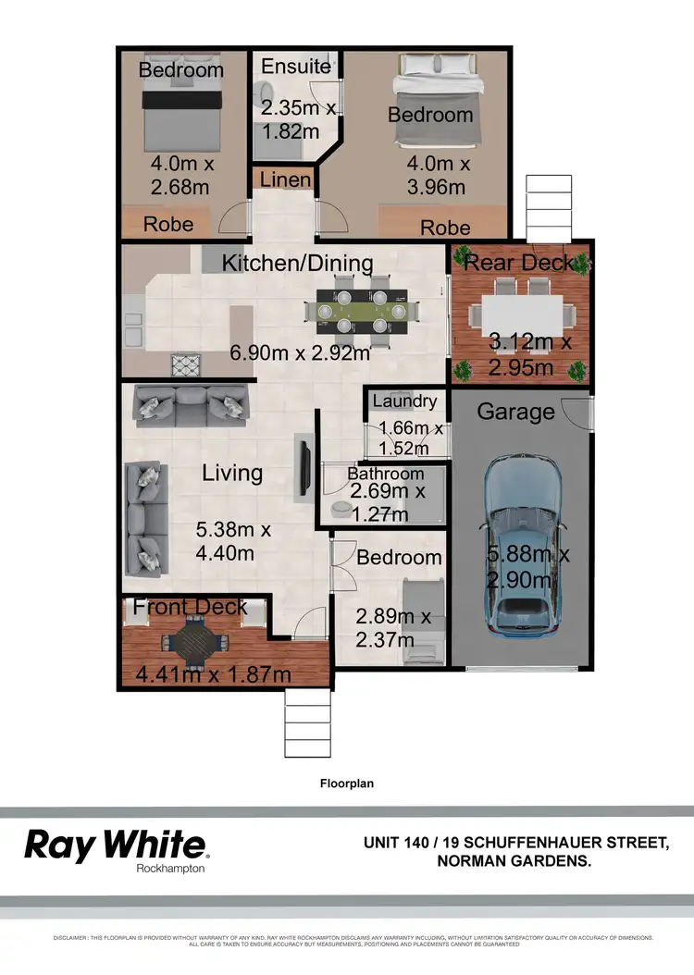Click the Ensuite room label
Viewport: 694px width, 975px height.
click(x=295, y=67)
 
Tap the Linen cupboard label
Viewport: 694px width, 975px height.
click(x=285, y=179)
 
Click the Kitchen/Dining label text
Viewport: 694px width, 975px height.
click(x=297, y=264)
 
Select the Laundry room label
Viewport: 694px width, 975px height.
click(x=404, y=401)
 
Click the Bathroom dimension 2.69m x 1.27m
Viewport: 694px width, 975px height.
click(x=386, y=502)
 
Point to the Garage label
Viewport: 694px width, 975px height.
click(x=515, y=412)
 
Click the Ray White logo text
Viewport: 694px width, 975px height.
click(x=116, y=844)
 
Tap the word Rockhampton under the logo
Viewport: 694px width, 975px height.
click(x=170, y=869)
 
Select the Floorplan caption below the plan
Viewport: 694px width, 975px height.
click(x=346, y=783)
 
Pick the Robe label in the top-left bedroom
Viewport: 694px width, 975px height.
click(x=168, y=224)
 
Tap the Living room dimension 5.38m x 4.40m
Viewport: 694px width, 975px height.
click(x=233, y=542)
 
